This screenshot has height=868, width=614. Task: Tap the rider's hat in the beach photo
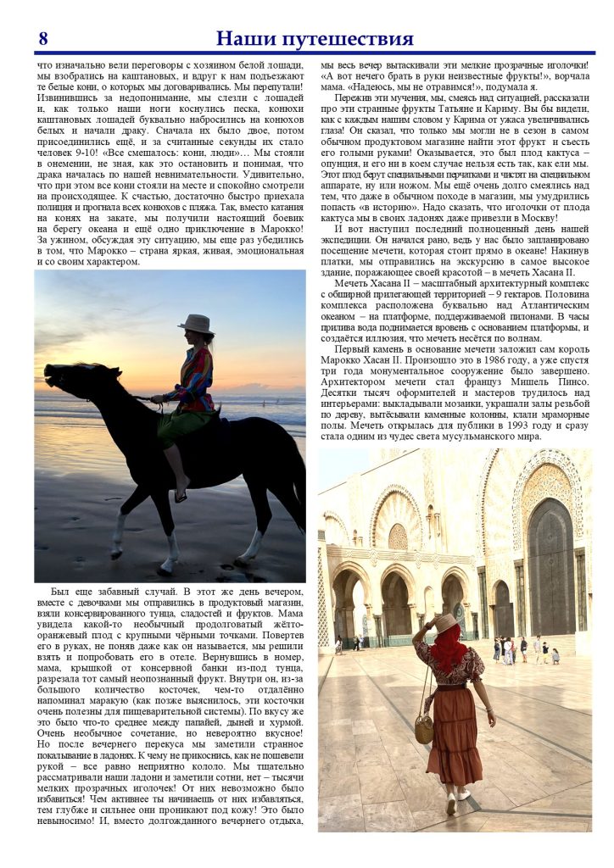[x=196, y=323]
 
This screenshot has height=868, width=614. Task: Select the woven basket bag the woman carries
[x=424, y=727]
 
